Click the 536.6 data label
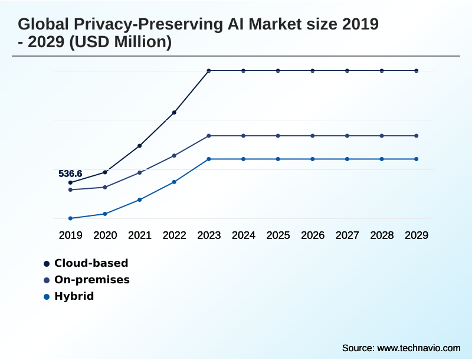70,174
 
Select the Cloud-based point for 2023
209,71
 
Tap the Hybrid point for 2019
70,218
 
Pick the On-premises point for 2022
174,156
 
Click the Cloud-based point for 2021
140,146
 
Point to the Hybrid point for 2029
417,159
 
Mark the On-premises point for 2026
313,136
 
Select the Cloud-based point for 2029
417,71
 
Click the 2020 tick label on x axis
105,235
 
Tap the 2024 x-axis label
244,235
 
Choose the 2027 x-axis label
348,235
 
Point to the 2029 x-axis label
417,235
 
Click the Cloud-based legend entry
91,263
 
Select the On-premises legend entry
91,280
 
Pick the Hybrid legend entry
74,296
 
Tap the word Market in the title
280,25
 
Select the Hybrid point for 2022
174,182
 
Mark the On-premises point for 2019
70,189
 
